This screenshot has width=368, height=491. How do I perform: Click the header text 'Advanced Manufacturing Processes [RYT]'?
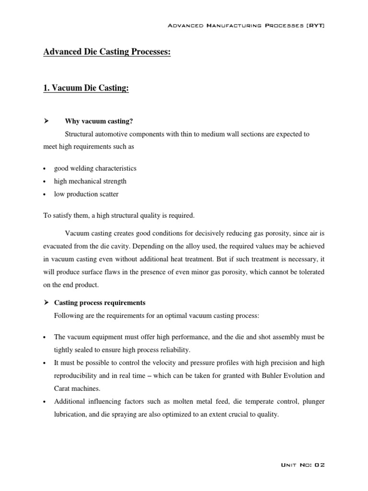click(x=246, y=25)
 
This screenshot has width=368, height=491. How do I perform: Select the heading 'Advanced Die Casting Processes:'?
click(x=107, y=52)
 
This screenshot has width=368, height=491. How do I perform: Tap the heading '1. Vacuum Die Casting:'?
click(x=86, y=88)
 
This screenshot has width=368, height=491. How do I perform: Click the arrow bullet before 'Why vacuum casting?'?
click(x=46, y=121)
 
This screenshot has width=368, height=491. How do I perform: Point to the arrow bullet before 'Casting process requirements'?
click(x=46, y=303)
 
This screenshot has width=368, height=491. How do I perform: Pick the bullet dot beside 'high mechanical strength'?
click(x=44, y=182)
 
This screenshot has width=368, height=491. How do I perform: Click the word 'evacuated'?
click(x=59, y=246)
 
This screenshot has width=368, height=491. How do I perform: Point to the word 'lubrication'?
click(x=70, y=415)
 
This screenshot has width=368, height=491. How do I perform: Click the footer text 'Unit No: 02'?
click(x=302, y=465)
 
